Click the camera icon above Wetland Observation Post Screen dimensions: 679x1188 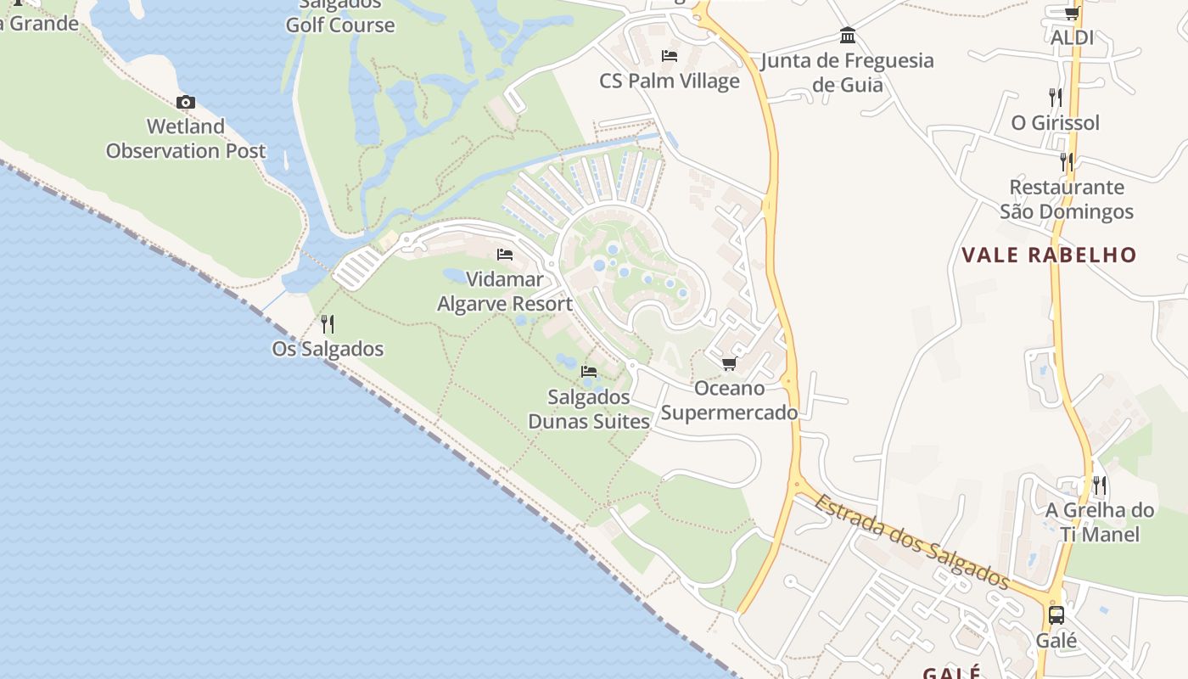pyautogui.click(x=185, y=103)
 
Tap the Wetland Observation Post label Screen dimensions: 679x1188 pyautogui.click(x=186, y=139)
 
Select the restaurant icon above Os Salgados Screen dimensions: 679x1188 pyautogui.click(x=328, y=323)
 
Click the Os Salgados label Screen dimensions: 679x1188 pyautogui.click(x=328, y=349)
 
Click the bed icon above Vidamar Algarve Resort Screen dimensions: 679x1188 pyautogui.click(x=505, y=255)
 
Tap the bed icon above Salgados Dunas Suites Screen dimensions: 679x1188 pyautogui.click(x=588, y=372)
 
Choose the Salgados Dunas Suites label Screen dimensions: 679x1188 pyautogui.click(x=589, y=409)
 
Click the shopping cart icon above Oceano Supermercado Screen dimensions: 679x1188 pyautogui.click(x=728, y=364)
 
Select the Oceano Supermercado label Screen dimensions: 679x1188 pyautogui.click(x=730, y=401)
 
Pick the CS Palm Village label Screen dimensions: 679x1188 pyautogui.click(x=670, y=81)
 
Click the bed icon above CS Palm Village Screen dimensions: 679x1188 pyautogui.click(x=670, y=56)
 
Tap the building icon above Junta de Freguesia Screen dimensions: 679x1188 pyautogui.click(x=847, y=36)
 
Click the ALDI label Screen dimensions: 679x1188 pyautogui.click(x=1072, y=37)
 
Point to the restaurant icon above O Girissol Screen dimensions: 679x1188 pyautogui.click(x=1055, y=97)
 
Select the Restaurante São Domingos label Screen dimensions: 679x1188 pyautogui.click(x=1067, y=199)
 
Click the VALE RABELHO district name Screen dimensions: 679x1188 pyautogui.click(x=1049, y=255)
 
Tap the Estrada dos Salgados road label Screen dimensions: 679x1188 pyautogui.click(x=912, y=541)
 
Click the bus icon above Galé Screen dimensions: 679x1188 pyautogui.click(x=1056, y=615)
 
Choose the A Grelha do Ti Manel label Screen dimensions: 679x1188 pyautogui.click(x=1100, y=522)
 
